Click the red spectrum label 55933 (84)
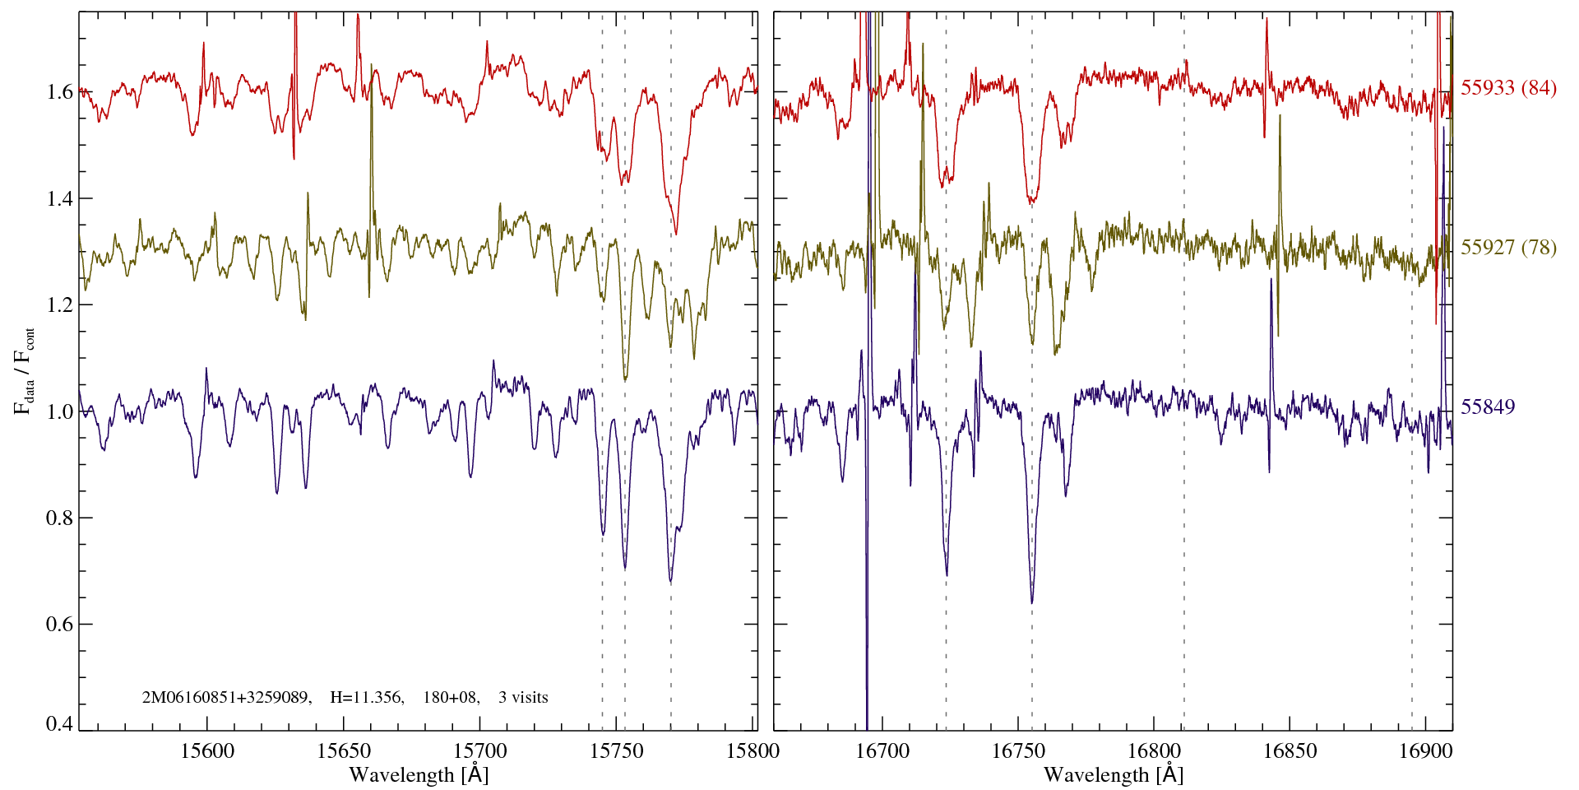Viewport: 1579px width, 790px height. point(1508,88)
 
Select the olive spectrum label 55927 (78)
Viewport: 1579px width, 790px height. point(1508,248)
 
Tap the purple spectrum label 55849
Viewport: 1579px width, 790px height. point(1488,407)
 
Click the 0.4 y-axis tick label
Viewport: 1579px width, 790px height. point(60,724)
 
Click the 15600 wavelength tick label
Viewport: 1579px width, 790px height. point(207,750)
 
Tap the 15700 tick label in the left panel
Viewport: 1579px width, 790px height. point(481,750)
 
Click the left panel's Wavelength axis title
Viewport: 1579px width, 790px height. point(419,774)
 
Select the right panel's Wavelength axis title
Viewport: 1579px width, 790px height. point(1113,774)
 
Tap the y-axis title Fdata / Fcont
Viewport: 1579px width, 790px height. point(25,370)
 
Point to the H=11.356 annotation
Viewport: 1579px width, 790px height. point(366,698)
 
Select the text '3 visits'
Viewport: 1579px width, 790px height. point(523,698)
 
